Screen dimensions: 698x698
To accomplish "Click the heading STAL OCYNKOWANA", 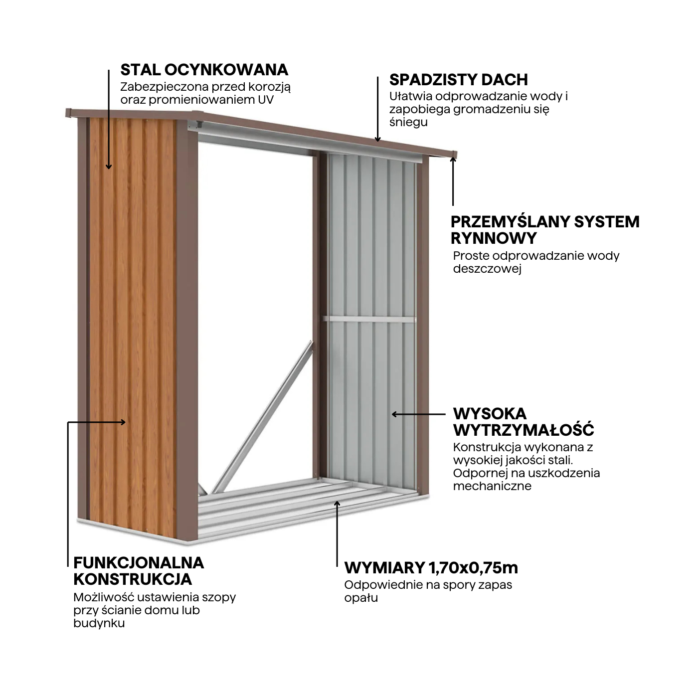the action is (x=204, y=69).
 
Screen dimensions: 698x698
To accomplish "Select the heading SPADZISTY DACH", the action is (x=458, y=80).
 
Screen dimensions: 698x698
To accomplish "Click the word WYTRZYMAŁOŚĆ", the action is (x=523, y=430).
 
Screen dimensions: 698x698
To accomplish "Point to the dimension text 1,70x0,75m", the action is (x=473, y=567).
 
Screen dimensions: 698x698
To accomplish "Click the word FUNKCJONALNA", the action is (x=139, y=563).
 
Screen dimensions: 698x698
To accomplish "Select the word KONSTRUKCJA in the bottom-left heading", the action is (x=133, y=579).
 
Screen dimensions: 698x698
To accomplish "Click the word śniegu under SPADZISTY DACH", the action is (x=408, y=123).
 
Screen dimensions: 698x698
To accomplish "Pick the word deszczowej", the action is (x=487, y=268).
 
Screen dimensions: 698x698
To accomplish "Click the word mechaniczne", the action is (x=492, y=486).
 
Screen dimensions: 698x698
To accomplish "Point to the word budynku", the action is (x=99, y=623).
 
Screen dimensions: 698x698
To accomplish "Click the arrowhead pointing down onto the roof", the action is (x=378, y=139).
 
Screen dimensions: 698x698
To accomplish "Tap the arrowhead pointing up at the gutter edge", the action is (x=453, y=159).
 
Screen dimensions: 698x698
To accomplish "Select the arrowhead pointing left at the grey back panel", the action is (x=394, y=414).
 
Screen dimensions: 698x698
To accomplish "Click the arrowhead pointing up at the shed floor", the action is (x=337, y=504).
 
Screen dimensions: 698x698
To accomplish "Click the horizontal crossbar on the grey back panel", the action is (x=369, y=319).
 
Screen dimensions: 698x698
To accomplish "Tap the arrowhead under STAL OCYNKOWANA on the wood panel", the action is (x=109, y=167).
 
